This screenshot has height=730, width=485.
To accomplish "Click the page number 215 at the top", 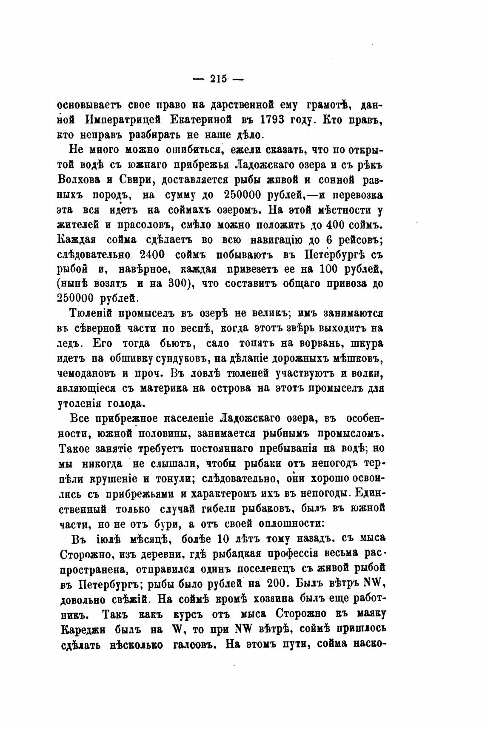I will tap(218, 79).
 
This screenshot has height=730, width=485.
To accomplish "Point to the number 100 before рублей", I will tap(330, 270).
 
